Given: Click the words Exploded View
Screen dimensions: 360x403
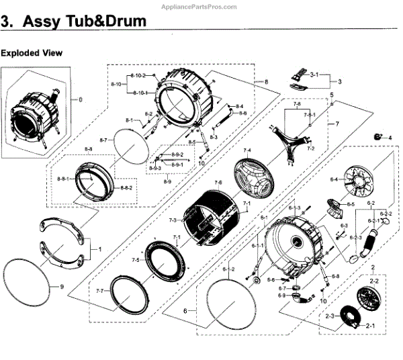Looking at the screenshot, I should pos(32,52).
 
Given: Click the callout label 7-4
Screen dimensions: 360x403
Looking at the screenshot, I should pos(247,150).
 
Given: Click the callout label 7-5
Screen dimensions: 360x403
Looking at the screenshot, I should pos(135,260).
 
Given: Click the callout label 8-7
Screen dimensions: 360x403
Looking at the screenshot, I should pos(103,140).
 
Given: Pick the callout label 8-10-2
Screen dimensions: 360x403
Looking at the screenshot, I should pos(138,75).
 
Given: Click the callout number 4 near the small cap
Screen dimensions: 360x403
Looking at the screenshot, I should pos(389,137).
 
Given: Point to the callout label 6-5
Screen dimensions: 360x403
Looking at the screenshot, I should pos(350,203).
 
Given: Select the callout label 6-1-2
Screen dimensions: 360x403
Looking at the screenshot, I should pos(229,269).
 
